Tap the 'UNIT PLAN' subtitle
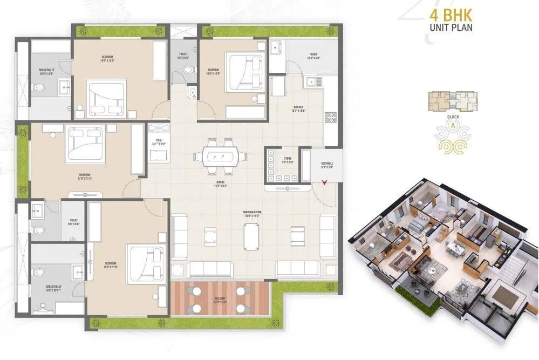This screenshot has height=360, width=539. pos(452,27)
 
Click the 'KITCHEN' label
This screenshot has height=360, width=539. pos(299,108)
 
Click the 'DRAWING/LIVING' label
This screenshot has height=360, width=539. pos(252,212)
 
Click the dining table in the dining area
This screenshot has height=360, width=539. pos(220,156)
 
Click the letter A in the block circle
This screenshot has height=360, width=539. pos(453,125)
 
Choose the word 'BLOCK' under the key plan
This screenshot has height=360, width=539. pos(453,116)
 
